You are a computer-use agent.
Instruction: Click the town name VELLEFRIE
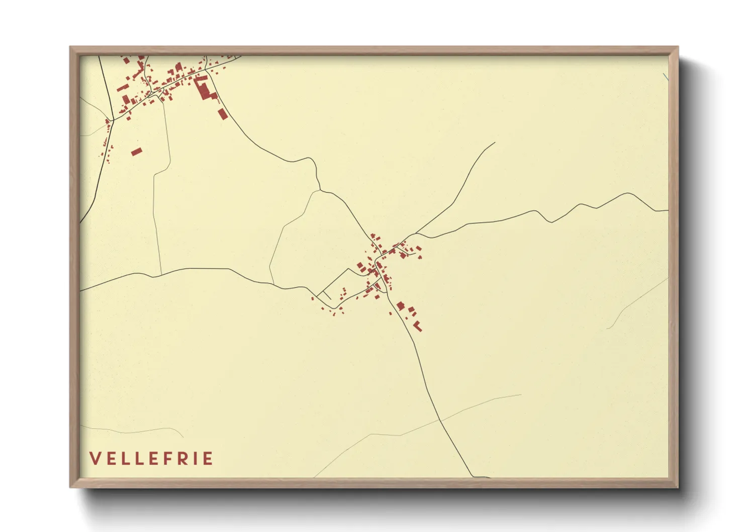coord(151,459)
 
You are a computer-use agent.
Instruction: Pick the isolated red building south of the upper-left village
coord(137,151)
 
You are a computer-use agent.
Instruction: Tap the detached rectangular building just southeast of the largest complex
coord(223,114)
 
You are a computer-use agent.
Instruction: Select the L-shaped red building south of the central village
coord(417,326)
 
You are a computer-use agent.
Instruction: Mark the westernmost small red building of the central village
coord(312,299)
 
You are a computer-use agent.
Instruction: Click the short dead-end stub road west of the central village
coord(326,295)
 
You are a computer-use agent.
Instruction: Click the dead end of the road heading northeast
coord(495,143)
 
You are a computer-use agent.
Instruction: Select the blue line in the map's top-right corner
coord(666,77)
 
